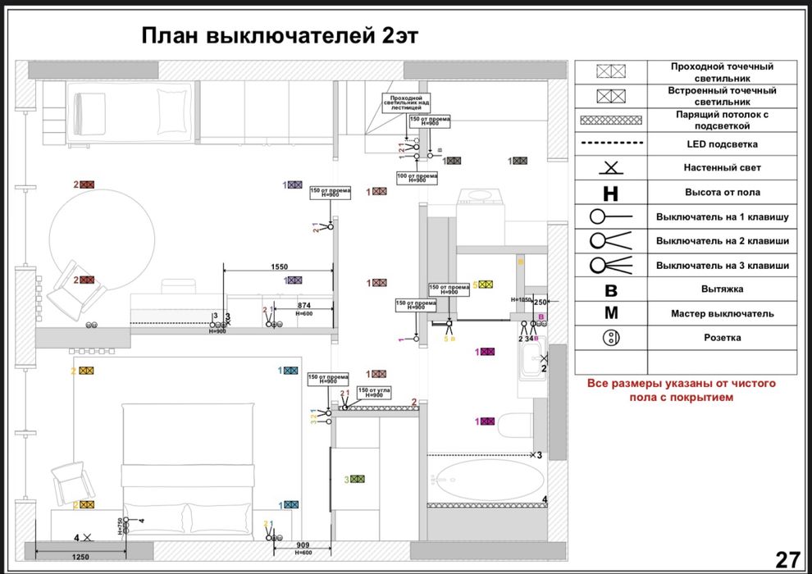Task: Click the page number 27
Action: tap(787, 559)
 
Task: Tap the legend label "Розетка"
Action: tap(722, 338)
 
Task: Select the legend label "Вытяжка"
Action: tap(722, 289)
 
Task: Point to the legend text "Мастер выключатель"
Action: tap(722, 313)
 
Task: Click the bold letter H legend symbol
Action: tap(610, 194)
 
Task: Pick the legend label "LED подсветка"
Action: tap(722, 144)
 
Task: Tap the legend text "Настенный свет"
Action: tap(722, 168)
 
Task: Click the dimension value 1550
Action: tap(279, 267)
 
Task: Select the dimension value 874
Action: tap(303, 305)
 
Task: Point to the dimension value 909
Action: tap(302, 545)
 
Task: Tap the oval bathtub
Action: tap(487, 479)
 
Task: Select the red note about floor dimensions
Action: tap(681, 390)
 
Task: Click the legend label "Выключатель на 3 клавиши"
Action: tap(722, 266)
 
